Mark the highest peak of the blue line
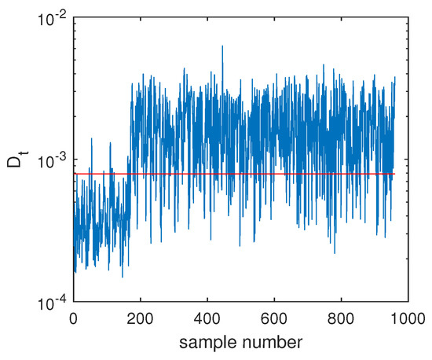222,46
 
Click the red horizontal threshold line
236,174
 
